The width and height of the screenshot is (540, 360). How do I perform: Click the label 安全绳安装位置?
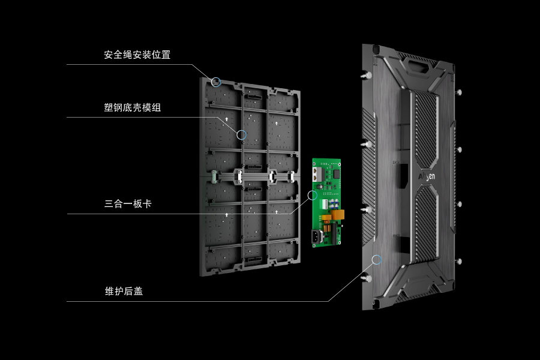(137, 55)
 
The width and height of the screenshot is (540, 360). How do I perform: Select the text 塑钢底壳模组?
(132, 107)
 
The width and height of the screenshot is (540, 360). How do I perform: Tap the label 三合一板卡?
(128, 204)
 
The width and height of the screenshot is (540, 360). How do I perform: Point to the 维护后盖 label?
(124, 292)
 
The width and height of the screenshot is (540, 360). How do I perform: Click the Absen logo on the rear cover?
(427, 177)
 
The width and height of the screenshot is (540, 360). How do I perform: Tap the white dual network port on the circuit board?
(316, 175)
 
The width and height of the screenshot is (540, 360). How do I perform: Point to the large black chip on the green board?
(336, 174)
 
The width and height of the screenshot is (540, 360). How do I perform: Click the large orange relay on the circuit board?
(337, 215)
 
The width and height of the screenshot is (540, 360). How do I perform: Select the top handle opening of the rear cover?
(418, 66)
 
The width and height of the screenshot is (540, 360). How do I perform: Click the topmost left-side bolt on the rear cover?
(366, 75)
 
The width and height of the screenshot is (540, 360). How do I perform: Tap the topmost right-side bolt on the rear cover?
(459, 92)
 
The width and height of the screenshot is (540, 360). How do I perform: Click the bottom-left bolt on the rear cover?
(367, 278)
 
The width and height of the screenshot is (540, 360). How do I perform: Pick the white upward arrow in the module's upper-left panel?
(227, 119)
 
